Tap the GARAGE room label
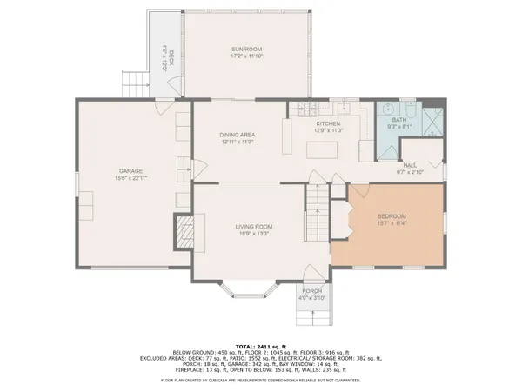130,170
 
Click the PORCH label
312,290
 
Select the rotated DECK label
171,57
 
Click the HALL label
409,165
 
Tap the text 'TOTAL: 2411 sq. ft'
260,345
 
